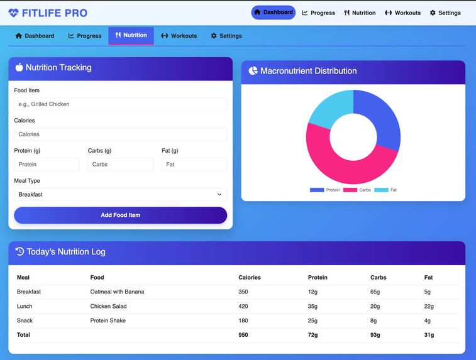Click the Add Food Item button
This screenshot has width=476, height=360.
120,215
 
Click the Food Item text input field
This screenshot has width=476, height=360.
120,104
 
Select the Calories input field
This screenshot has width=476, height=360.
120,134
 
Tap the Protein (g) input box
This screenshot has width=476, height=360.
47,165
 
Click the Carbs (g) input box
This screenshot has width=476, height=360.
120,165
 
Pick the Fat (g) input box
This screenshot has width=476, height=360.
194,165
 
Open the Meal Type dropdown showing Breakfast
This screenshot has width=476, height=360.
120,195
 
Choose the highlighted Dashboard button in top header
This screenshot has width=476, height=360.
273,13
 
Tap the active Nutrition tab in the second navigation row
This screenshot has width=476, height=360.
131,36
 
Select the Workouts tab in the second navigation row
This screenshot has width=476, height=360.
179,36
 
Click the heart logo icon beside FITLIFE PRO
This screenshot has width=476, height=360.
13,13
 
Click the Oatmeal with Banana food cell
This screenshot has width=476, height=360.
117,292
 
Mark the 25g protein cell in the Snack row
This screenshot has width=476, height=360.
313,321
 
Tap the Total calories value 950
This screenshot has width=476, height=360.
243,335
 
